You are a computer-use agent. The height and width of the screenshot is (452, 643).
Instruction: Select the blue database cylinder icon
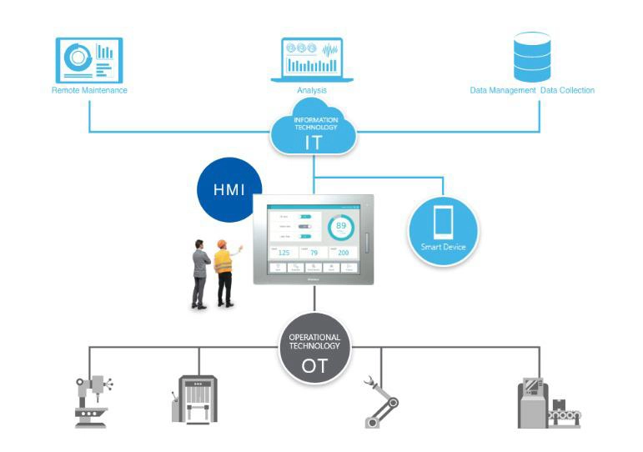531,56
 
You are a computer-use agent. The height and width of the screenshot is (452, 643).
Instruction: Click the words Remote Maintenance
89,90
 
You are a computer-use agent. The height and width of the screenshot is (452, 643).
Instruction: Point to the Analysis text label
312,90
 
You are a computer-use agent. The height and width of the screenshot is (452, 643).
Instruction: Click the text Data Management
502,90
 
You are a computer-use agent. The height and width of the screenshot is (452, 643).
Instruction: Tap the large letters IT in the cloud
314,142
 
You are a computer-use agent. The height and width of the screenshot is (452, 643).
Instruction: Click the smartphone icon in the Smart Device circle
443,223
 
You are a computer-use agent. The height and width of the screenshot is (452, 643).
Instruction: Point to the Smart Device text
443,248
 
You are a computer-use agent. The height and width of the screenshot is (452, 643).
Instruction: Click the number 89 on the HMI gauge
341,225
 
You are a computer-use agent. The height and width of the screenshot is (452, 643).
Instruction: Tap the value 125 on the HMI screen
283,252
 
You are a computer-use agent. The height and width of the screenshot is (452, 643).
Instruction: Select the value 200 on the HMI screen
342,252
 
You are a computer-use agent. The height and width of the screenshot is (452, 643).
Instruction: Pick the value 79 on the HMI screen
313,252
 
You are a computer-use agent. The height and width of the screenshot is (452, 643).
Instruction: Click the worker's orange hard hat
222,244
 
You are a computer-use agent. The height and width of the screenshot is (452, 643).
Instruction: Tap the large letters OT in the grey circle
314,364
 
